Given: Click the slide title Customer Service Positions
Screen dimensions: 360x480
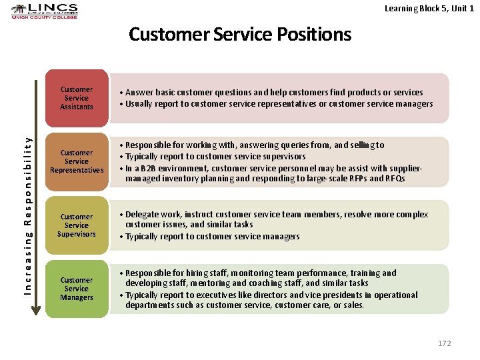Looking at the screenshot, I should (x=240, y=34).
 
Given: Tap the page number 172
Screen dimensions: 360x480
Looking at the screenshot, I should (x=444, y=343).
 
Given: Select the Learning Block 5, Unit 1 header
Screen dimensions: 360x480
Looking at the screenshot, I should (x=429, y=8).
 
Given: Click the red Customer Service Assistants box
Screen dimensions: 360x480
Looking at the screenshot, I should (x=77, y=98).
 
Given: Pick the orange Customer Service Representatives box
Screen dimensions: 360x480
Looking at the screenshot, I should (x=77, y=161).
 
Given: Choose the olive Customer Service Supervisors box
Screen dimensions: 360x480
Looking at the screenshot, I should (x=77, y=225).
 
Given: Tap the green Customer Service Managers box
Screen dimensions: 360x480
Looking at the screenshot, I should (x=77, y=289).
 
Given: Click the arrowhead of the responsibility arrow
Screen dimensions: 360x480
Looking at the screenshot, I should (x=36, y=309).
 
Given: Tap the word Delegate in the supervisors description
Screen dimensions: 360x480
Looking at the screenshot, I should (x=142, y=215).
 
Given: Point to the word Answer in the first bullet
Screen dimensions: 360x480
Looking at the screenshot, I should (x=139, y=93).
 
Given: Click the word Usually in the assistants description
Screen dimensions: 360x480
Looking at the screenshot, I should (x=139, y=104).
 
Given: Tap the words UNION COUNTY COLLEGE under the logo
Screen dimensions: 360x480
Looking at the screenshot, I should (x=44, y=17).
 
